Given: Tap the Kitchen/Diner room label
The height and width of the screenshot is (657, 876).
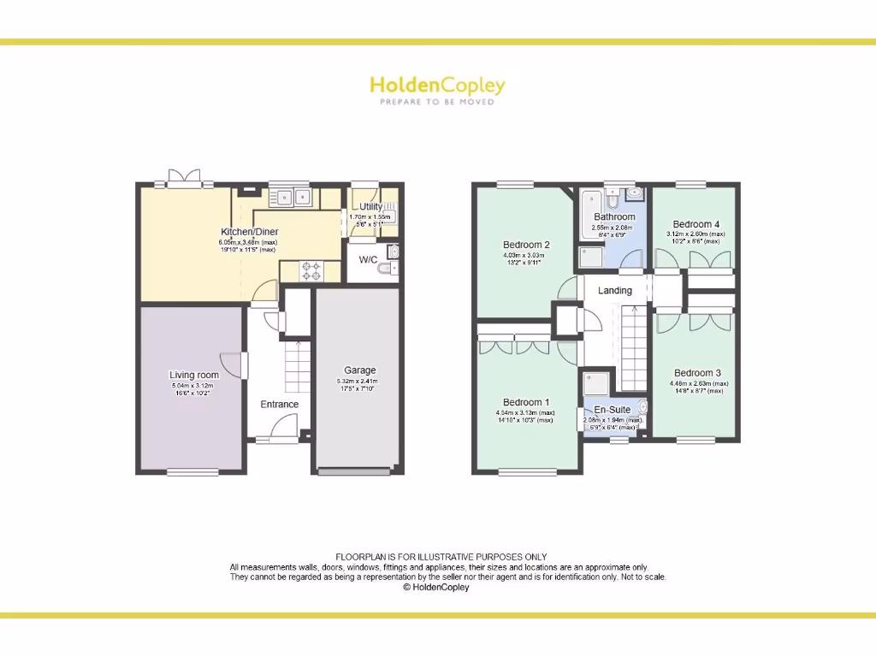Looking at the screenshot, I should click(250, 232).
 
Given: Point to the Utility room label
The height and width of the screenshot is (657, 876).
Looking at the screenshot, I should click(370, 207).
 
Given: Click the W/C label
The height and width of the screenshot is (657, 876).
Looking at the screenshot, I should click(368, 259).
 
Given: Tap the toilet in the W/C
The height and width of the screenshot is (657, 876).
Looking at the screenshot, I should click(386, 269).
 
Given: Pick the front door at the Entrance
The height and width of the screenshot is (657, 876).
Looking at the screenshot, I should click(280, 429).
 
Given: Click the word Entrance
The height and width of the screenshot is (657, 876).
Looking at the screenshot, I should click(279, 405).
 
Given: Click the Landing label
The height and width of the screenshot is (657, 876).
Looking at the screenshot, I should click(614, 291).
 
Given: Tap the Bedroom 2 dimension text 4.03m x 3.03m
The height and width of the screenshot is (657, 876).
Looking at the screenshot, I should click(526, 255).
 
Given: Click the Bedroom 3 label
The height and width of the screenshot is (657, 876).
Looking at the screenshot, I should click(697, 373).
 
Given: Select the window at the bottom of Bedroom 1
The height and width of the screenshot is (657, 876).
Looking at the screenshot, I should click(526, 471).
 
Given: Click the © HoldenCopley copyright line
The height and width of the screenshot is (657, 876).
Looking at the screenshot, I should click(436, 588).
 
